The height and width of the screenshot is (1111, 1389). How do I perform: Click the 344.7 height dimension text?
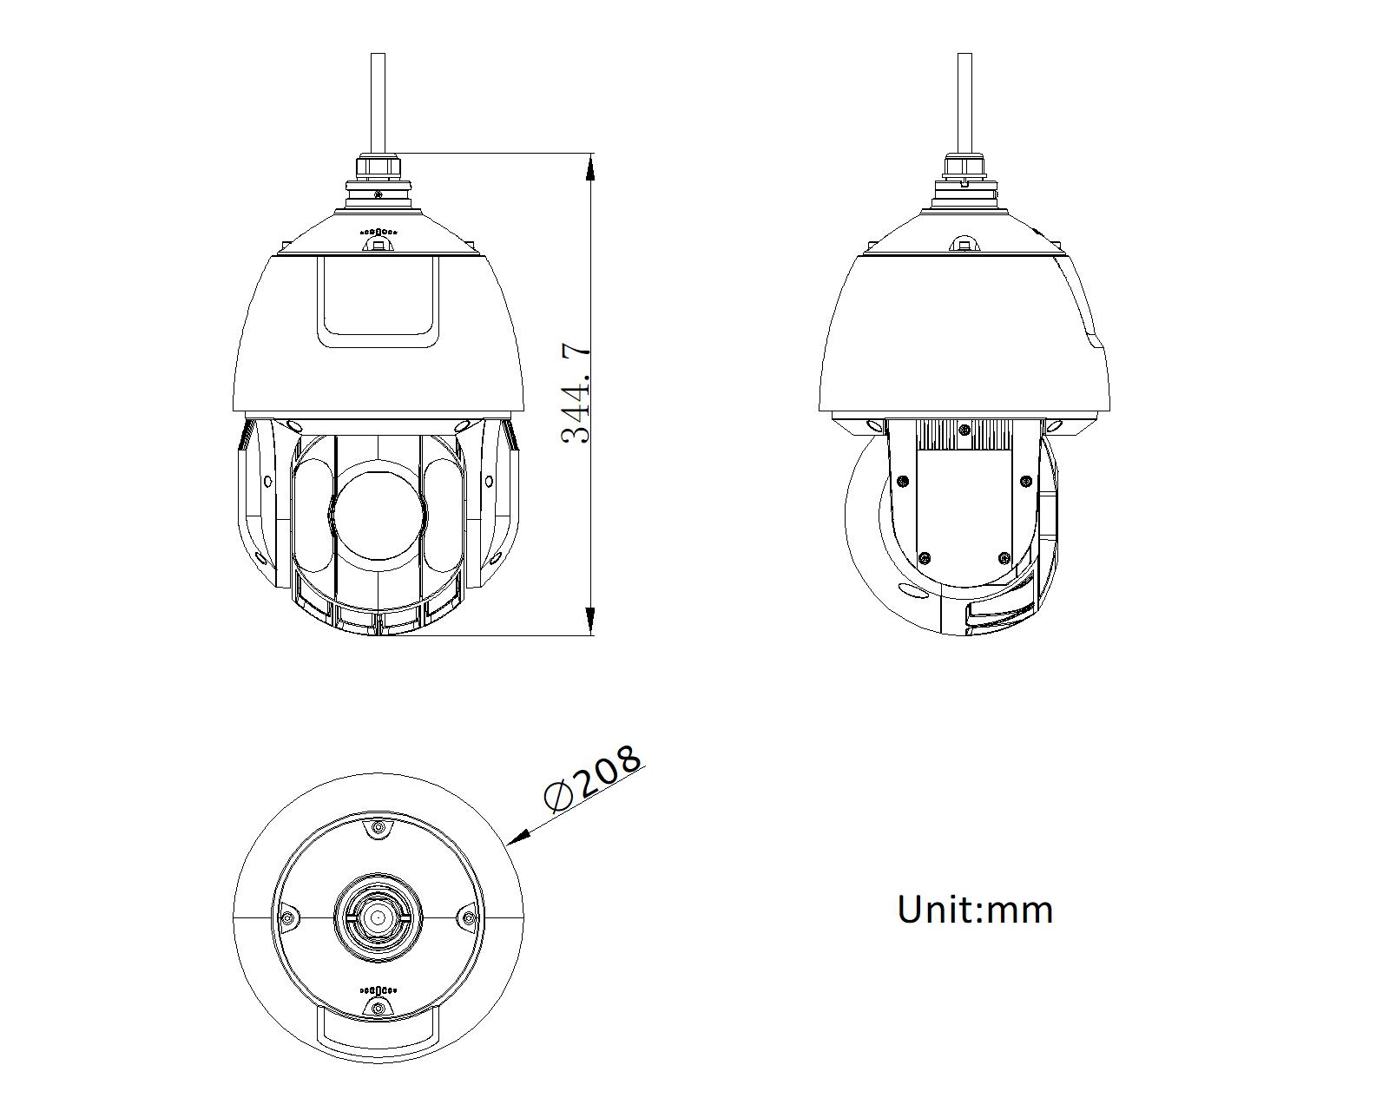tap(576, 394)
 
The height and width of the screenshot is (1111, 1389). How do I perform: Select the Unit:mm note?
tap(975, 910)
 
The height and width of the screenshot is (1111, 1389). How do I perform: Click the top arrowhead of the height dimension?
tap(589, 167)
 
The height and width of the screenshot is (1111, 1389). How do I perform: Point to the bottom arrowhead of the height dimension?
tap(589, 621)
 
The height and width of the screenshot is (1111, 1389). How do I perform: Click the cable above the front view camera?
tap(379, 102)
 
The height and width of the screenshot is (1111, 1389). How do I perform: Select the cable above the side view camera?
tap(964, 102)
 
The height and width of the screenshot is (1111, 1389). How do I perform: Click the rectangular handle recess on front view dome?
tap(378, 301)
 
